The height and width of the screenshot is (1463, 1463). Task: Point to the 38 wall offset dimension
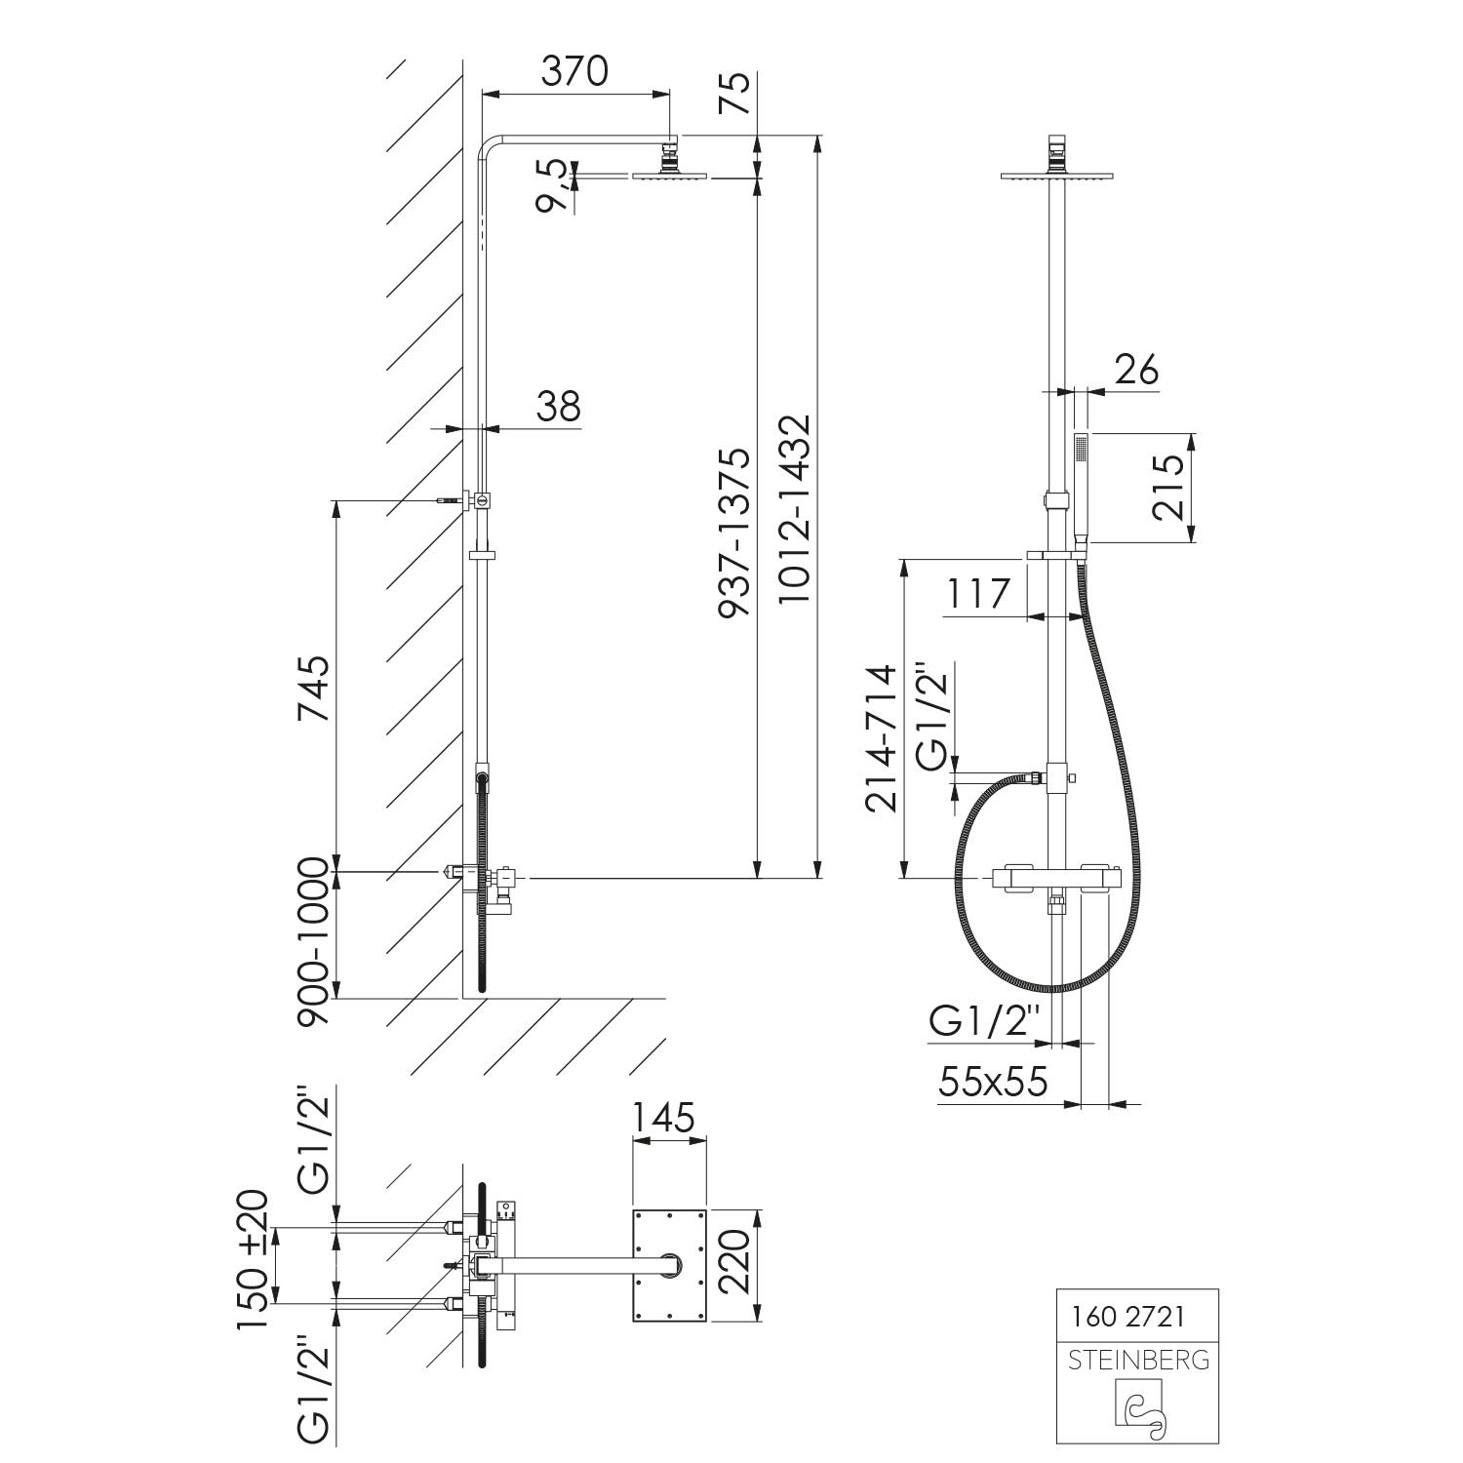point(558,406)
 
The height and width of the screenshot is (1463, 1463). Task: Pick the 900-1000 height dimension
point(314,942)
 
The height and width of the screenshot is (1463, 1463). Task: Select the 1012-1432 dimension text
point(795,511)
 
